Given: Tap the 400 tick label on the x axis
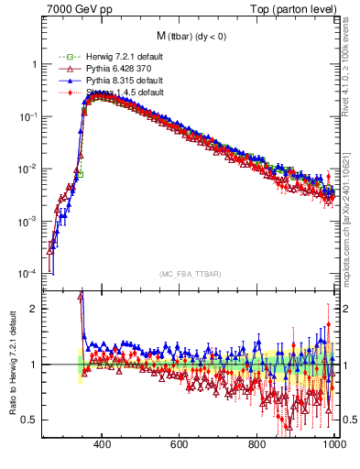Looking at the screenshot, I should (x=103, y=444).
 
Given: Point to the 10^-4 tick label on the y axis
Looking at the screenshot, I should (x=28, y=274).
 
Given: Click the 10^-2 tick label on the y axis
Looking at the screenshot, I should (x=28, y=169).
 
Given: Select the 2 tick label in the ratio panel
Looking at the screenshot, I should (x=34, y=309).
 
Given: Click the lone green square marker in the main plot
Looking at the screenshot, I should (x=81, y=173).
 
